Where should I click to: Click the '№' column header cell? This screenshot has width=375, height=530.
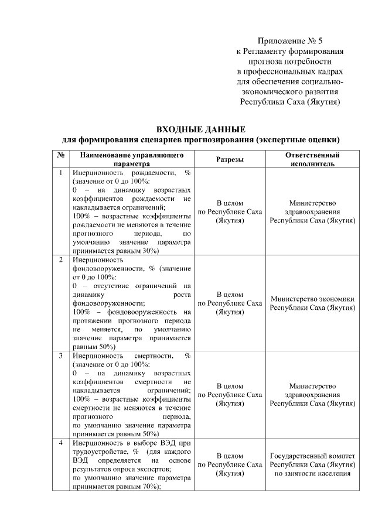pos(60,155)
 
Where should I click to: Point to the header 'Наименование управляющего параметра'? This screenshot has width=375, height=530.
pos(132,159)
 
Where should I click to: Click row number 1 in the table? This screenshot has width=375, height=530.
pos(60,173)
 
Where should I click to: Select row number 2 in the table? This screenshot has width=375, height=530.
pos(60,259)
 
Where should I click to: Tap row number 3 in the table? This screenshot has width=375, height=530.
pos(60,355)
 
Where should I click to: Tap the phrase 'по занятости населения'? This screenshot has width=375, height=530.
pos(312,473)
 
